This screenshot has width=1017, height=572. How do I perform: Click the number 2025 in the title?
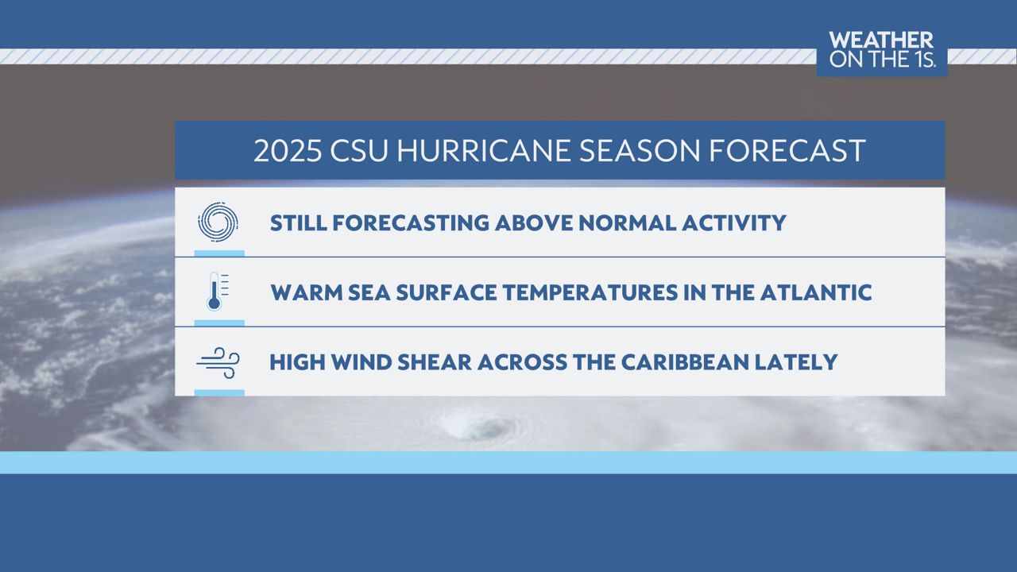pos(288,151)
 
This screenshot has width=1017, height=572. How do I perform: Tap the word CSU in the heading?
pos(359,151)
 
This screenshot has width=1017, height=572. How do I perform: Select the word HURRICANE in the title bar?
pos(484,151)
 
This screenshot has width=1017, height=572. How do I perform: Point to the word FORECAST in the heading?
pos(787,151)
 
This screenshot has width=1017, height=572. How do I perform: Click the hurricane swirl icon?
pos(218,221)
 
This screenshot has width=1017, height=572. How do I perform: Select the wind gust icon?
pos(218,362)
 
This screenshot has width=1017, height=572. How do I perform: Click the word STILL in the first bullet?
pos(298,223)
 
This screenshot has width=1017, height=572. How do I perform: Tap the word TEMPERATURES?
pos(590,292)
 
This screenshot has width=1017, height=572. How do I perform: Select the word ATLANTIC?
pos(816,292)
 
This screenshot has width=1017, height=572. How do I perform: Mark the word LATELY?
pos(796,362)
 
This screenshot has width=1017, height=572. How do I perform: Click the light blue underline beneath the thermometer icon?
pos(219,323)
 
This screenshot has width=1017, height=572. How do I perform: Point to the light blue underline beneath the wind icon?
pos(219,392)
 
